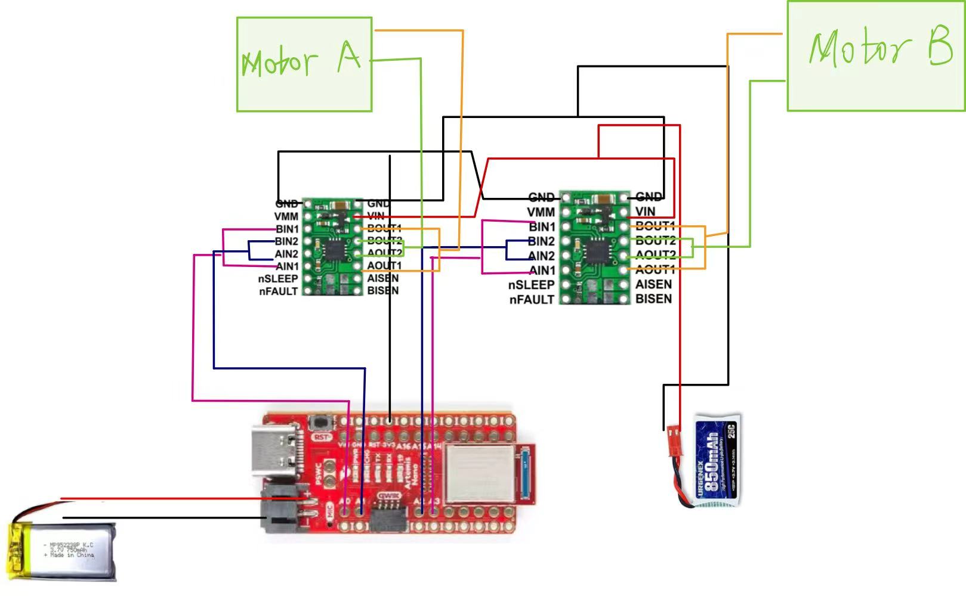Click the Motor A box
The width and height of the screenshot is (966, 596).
pyautogui.click(x=304, y=64)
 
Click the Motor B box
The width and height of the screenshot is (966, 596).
pyautogui.click(x=875, y=56)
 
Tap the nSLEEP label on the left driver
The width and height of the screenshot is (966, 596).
pyautogui.click(x=278, y=279)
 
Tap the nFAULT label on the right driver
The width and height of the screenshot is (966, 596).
pyautogui.click(x=532, y=300)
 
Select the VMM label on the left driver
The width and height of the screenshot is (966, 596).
pyautogui.click(x=286, y=216)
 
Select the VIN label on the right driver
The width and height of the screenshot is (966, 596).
pyautogui.click(x=645, y=212)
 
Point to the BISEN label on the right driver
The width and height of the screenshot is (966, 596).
pyautogui.click(x=653, y=299)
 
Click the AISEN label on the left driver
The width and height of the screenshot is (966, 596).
pyautogui.click(x=383, y=278)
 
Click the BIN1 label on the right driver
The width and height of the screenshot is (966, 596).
pyautogui.click(x=542, y=226)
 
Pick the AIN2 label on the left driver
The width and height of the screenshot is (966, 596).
pyautogui.click(x=286, y=254)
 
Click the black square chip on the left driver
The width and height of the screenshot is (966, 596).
pyautogui.click(x=334, y=250)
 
